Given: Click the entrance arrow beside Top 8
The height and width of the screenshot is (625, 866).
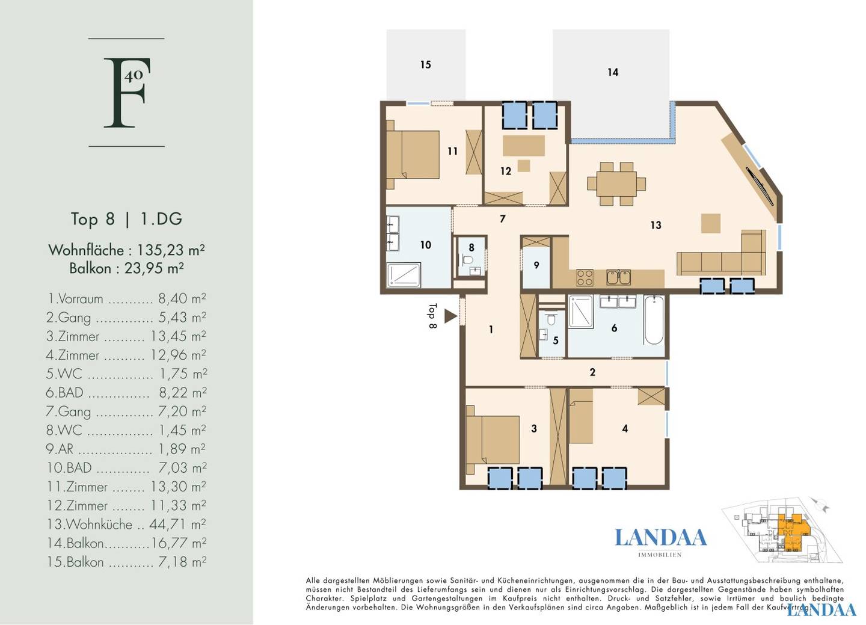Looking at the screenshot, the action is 450,316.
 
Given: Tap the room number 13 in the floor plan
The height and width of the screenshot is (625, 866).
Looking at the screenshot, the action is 656,225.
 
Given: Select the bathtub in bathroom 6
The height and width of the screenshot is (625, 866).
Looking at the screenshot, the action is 654,320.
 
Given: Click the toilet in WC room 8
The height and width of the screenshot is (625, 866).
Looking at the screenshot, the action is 468,258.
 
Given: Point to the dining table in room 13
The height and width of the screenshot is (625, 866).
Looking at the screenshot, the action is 616,183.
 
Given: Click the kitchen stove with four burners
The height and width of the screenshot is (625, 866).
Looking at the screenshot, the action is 585,277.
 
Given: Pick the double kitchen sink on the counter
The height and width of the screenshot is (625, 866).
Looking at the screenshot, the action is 619,277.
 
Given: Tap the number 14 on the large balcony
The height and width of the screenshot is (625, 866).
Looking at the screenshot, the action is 613,72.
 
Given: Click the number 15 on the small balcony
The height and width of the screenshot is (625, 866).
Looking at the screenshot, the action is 425,64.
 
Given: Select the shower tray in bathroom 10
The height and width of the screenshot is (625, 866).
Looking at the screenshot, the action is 404,275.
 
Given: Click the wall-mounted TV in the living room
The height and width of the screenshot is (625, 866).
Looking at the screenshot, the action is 760,185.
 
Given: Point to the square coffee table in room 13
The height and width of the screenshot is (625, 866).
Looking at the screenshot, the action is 711,224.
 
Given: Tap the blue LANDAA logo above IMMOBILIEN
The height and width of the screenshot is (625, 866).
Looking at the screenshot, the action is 661,538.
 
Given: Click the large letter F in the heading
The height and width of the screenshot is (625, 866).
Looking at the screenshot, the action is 124,93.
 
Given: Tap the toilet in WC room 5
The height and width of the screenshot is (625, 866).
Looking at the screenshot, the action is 551,320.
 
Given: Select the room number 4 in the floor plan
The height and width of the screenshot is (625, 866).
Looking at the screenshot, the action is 625,428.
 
